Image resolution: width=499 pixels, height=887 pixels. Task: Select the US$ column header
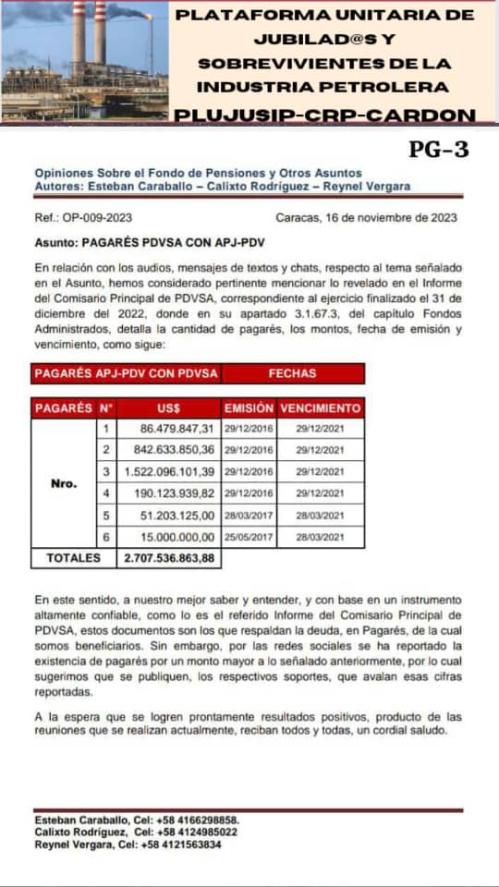(x=169, y=407)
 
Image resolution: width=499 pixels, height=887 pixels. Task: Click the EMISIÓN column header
(x=249, y=407)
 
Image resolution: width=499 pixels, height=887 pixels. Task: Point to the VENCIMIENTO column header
(x=320, y=407)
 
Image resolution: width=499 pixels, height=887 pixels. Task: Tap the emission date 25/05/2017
(x=249, y=537)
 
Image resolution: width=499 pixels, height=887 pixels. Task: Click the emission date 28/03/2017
(x=249, y=516)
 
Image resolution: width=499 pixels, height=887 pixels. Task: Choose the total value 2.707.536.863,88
(x=169, y=558)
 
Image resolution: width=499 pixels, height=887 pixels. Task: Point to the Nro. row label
(x=63, y=482)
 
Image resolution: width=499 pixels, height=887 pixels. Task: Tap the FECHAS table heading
(x=292, y=373)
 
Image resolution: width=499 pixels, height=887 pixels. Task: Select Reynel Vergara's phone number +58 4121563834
(x=178, y=844)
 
